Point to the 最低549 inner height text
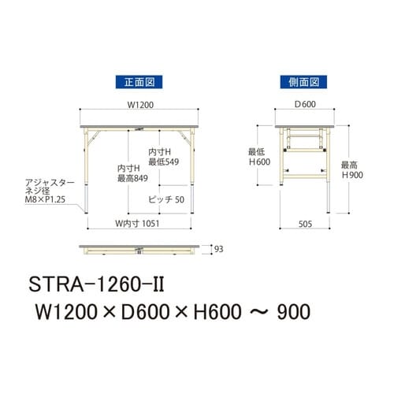pyautogui.click(x=164, y=161)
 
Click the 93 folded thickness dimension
pyautogui.click(x=207, y=249)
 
